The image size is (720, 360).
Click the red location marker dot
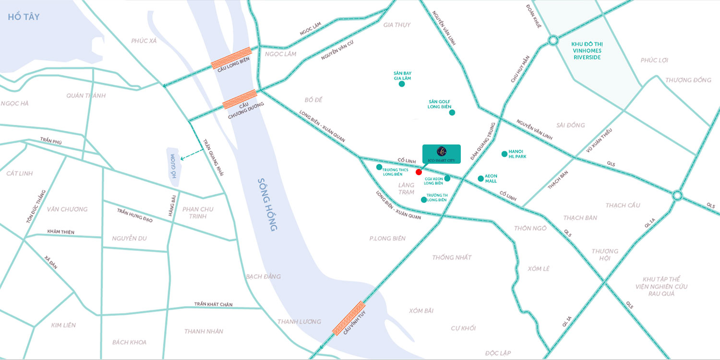point(419,172)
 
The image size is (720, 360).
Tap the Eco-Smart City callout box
point(441,154)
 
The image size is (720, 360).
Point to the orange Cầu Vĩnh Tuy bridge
point(349,318)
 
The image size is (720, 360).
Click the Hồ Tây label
point(23,17)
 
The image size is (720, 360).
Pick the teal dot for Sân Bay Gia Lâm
point(402,84)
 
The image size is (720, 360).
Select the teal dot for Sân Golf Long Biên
point(452,113)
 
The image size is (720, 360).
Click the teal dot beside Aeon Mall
point(480,179)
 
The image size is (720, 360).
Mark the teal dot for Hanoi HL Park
point(504,154)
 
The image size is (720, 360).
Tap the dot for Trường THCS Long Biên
point(379,167)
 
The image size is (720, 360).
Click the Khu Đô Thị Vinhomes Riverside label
point(586,50)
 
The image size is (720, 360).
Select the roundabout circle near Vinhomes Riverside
point(553,40)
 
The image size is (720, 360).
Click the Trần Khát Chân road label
point(213,304)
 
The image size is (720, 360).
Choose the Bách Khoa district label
point(129,342)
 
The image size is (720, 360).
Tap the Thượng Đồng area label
point(688,80)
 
